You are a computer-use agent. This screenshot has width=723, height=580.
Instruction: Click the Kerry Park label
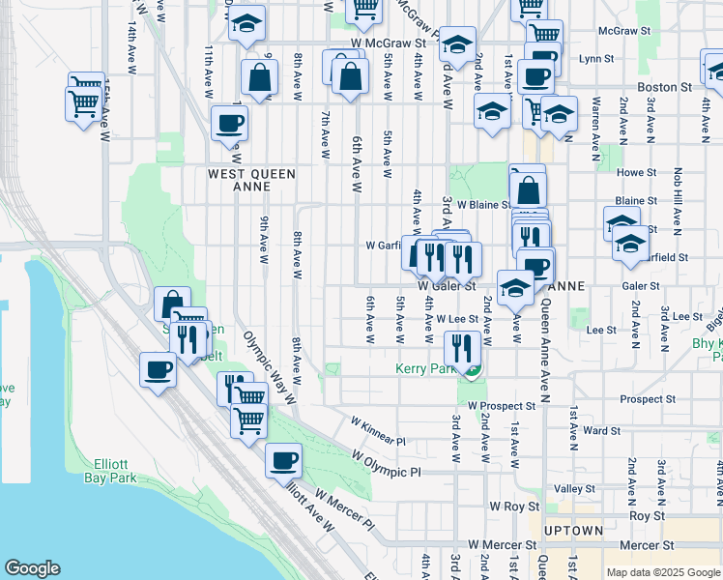point(425,369)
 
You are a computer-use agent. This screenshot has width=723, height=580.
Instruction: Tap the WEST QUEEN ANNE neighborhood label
point(251,181)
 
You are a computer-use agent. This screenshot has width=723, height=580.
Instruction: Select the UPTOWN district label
point(574,531)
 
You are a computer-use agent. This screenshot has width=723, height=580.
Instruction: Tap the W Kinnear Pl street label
point(378,431)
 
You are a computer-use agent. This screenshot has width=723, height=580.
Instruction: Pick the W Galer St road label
point(448,286)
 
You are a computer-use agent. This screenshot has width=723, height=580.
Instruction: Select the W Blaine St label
point(483,205)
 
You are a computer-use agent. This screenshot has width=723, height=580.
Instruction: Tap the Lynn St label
point(590,59)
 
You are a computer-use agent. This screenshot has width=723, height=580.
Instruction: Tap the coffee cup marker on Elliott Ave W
point(283,460)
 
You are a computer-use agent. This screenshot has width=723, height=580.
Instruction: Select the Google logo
point(32,568)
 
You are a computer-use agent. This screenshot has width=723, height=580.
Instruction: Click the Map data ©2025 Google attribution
point(662,572)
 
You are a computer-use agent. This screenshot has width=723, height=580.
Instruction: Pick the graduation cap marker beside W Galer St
point(515,287)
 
